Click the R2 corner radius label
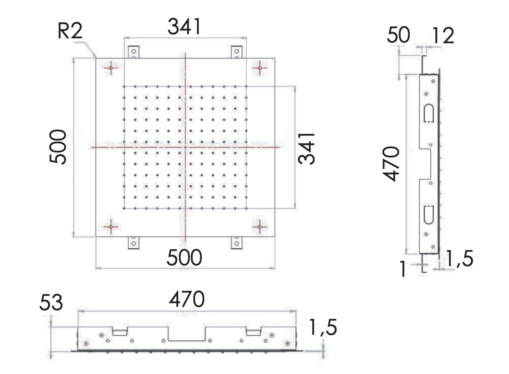coord(70,31)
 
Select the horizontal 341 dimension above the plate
coord(184,27)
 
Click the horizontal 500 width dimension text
coord(184,258)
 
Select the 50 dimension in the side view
coord(398,35)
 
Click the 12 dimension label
coord(443,36)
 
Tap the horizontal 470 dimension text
coord(187,300)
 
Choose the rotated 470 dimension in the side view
coord(391,164)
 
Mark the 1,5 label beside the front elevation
coord(323,328)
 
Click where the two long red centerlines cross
coord(185,147)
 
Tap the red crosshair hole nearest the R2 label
coord(111,68)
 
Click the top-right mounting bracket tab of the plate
coord(236,52)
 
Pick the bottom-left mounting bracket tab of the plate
coord(133,243)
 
